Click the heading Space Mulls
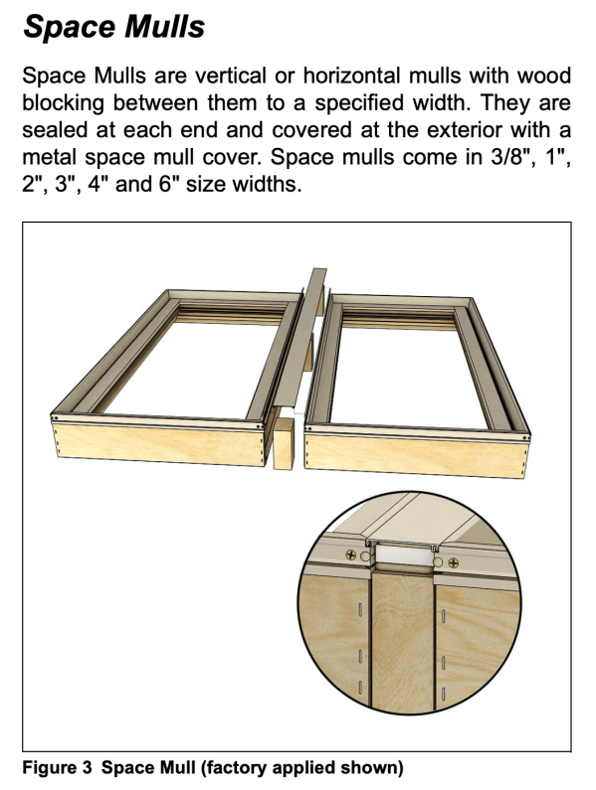(114, 26)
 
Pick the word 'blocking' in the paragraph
(63, 103)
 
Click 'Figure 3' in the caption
(58, 768)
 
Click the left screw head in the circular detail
(351, 555)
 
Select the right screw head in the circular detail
(453, 562)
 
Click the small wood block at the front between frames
(284, 444)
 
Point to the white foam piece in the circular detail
(402, 556)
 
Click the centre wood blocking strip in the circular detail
(403, 641)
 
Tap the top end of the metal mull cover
(319, 270)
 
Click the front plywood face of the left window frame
(158, 443)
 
